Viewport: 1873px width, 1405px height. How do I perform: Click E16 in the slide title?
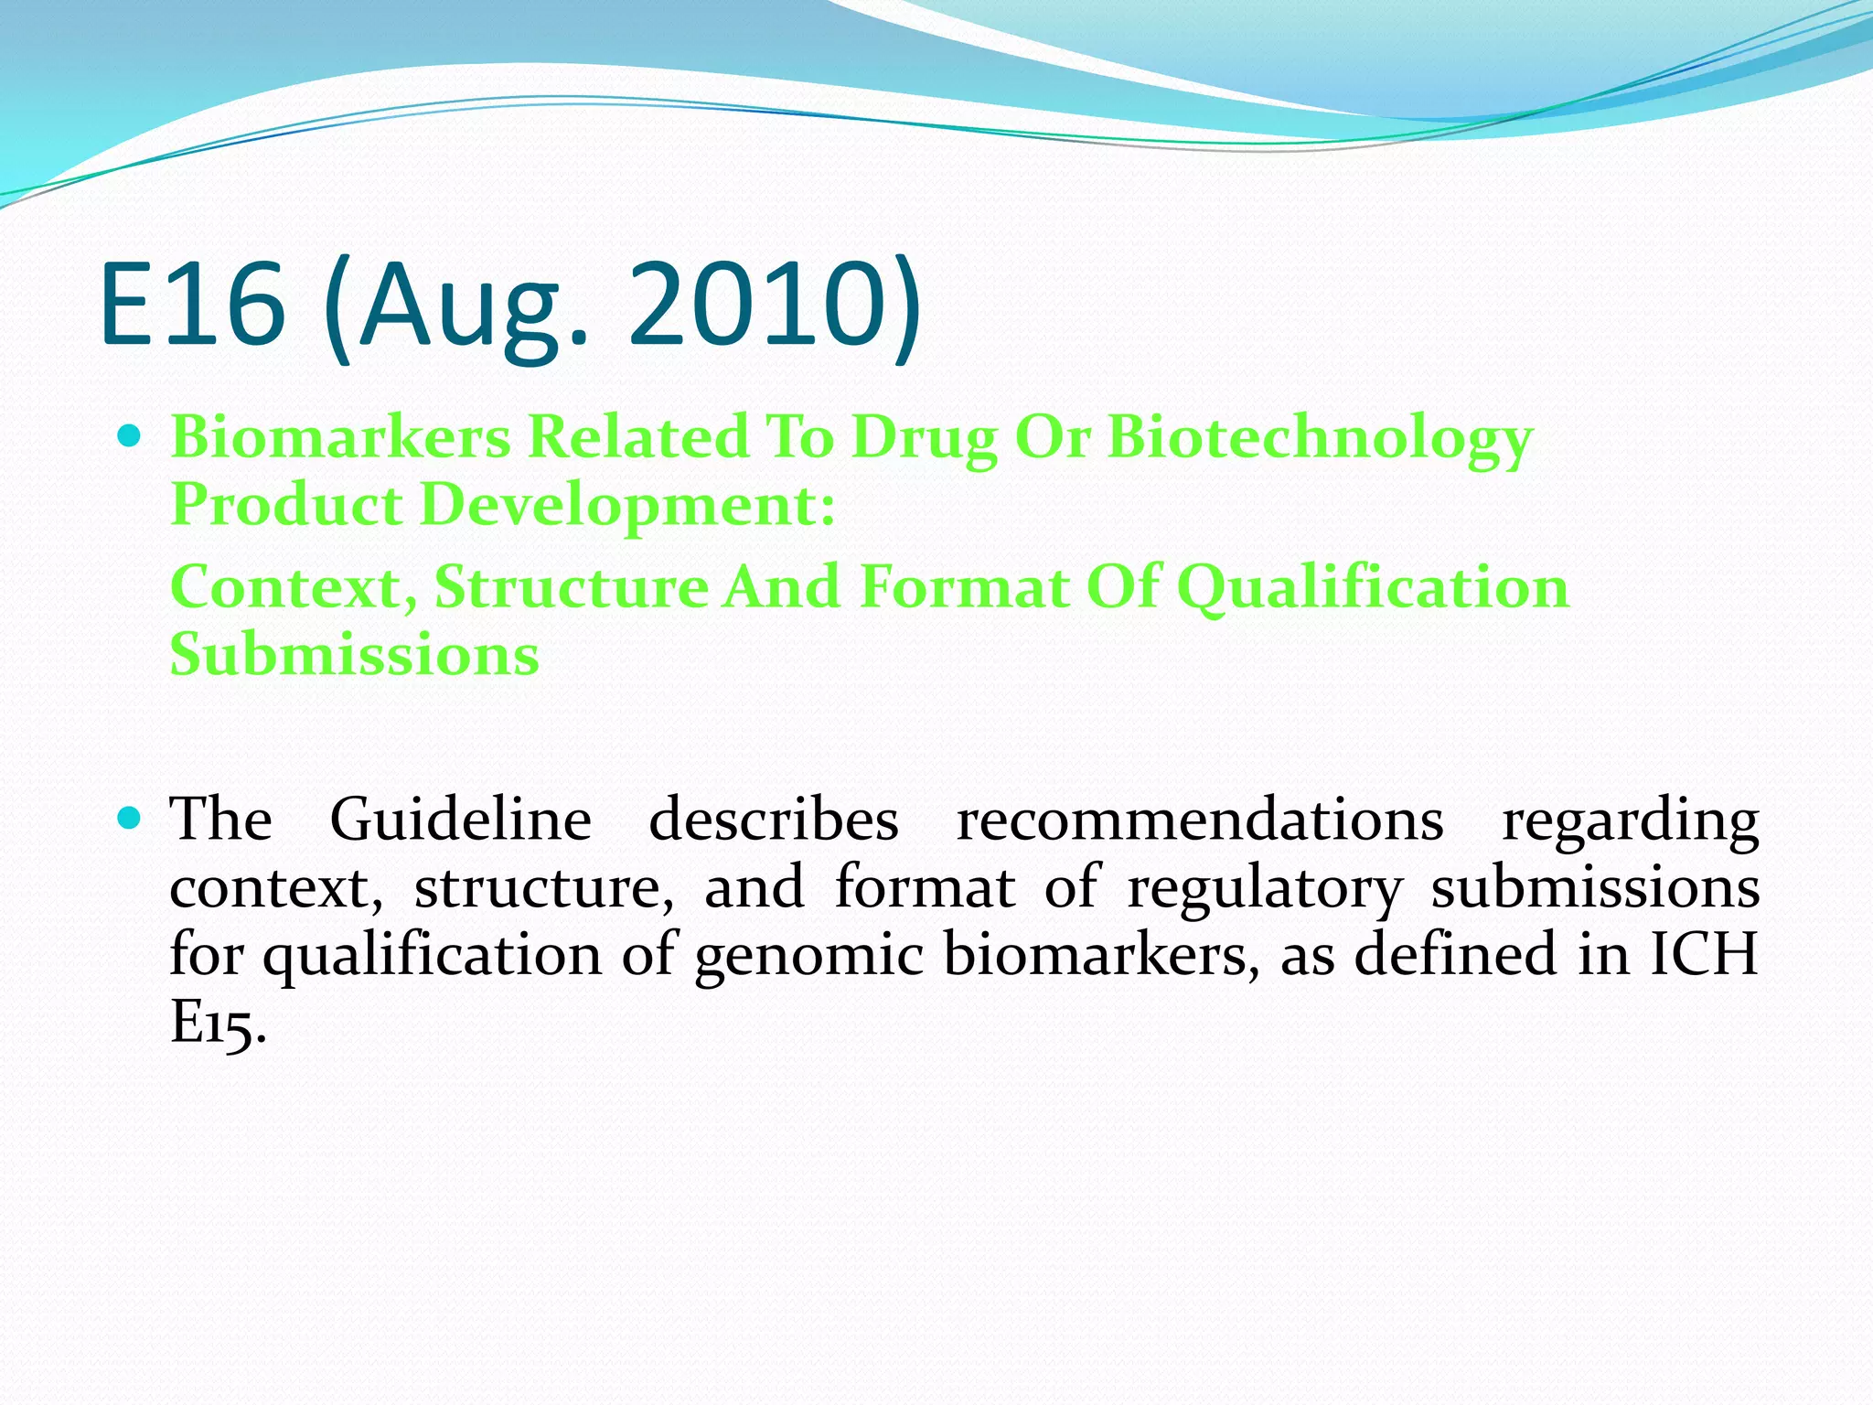(x=192, y=304)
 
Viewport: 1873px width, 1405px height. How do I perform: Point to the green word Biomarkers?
(x=340, y=437)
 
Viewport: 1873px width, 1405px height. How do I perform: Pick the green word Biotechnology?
(x=1320, y=439)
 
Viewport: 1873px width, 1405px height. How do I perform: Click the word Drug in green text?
(x=923, y=439)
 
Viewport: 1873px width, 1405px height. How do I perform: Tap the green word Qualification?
(x=1372, y=587)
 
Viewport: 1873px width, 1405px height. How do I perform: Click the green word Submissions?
(x=355, y=655)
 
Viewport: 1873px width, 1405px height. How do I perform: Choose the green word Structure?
(x=570, y=587)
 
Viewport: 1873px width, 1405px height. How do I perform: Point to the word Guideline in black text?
(x=460, y=819)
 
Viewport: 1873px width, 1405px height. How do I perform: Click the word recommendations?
(x=1199, y=819)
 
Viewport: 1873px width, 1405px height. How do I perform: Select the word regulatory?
(x=1264, y=888)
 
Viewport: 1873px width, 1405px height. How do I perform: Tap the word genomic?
(x=808, y=956)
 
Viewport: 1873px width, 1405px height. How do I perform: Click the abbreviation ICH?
(x=1703, y=954)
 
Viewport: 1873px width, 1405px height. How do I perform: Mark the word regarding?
(x=1630, y=820)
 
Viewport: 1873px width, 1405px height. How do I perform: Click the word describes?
(x=773, y=819)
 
